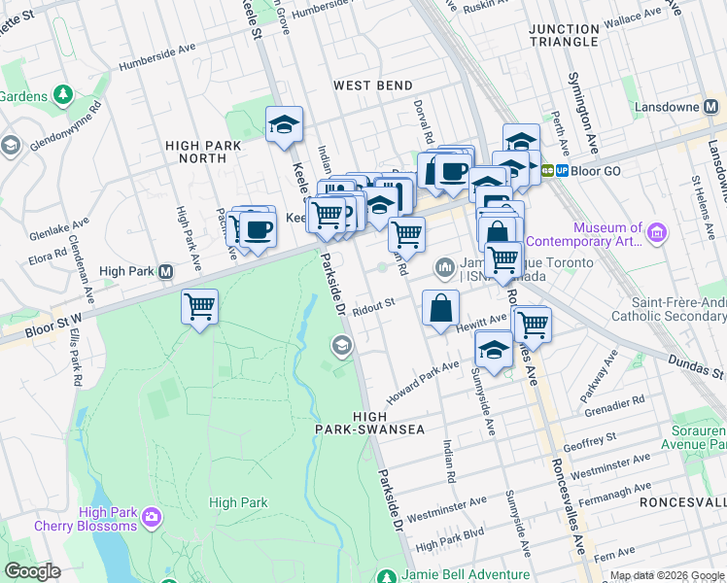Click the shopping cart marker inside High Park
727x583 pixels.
[199, 307]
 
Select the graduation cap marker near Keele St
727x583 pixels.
[284, 125]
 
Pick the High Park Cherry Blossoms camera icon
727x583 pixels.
[151, 515]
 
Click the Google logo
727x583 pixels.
[32, 571]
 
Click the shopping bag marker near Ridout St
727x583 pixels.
[440, 307]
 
